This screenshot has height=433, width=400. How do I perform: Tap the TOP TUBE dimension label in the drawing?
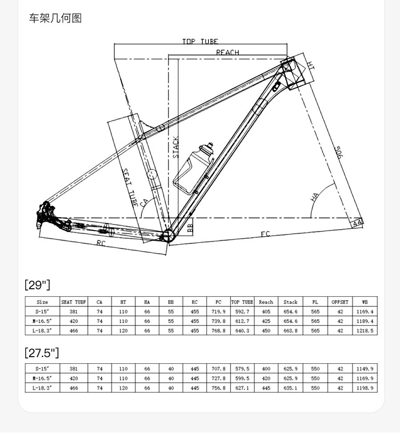tap(200, 42)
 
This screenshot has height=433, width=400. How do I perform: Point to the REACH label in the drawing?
tap(228, 52)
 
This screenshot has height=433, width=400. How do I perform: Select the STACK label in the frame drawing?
tap(176, 147)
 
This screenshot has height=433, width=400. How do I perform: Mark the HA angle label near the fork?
tap(315, 196)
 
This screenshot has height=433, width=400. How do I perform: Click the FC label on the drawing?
tap(265, 234)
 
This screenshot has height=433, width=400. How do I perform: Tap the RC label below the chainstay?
tap(101, 243)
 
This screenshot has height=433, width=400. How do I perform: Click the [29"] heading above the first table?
tap(37, 285)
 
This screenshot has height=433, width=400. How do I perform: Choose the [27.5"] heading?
tap(42, 353)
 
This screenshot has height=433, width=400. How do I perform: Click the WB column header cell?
tap(365, 302)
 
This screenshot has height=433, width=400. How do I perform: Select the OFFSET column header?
tap(340, 302)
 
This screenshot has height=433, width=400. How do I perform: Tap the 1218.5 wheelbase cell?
tap(365, 331)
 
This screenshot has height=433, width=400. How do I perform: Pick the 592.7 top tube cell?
tap(242, 312)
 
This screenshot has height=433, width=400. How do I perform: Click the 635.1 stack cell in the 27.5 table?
tap(290, 388)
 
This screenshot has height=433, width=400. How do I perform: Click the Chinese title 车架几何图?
tap(56, 18)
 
